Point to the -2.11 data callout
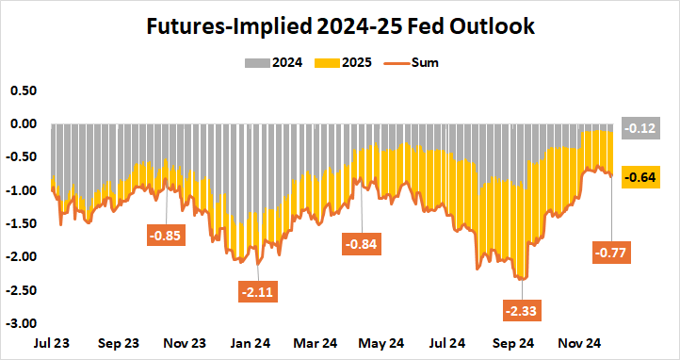(x=258, y=292)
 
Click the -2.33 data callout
(x=522, y=309)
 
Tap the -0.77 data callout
(x=613, y=253)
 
